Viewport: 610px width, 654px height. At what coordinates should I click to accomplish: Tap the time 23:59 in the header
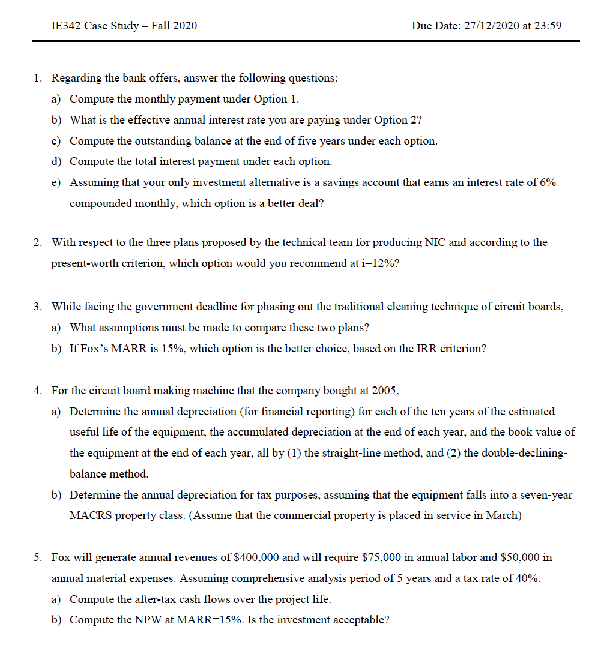click(x=548, y=26)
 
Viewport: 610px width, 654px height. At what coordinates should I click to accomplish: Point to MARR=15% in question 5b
click(x=209, y=620)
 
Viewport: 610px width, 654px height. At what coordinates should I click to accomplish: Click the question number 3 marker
click(x=38, y=307)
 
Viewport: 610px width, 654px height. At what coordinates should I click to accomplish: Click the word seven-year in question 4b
click(x=548, y=495)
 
